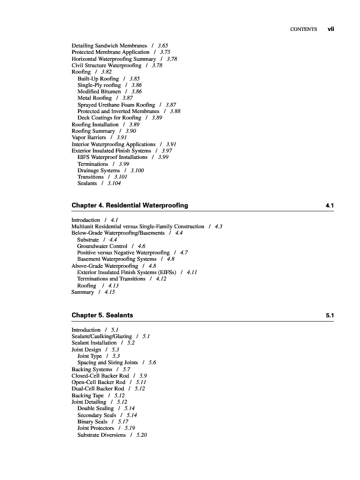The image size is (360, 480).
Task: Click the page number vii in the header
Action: (x=330, y=29)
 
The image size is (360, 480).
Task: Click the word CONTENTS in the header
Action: (x=303, y=29)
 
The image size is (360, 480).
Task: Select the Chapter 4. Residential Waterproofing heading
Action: (x=130, y=205)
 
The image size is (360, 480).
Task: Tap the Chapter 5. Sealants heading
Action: (x=102, y=315)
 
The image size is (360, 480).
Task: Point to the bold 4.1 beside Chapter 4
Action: (x=330, y=205)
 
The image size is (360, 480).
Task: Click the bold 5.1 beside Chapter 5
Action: (x=330, y=315)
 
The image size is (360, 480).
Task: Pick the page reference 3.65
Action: (x=163, y=46)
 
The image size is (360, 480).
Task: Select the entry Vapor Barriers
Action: (x=89, y=138)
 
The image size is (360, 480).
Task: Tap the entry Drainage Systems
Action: (x=99, y=170)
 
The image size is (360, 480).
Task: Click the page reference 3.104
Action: (x=114, y=183)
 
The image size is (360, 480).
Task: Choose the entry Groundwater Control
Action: (x=102, y=246)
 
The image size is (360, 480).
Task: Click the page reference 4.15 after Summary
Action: (x=109, y=292)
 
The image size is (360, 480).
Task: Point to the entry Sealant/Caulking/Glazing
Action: (x=101, y=337)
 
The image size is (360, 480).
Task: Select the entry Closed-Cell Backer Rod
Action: (x=100, y=375)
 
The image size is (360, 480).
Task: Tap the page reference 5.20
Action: (x=141, y=435)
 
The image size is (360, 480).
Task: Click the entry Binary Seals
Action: (x=92, y=422)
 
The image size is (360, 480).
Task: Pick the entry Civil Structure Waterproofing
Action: (x=107, y=66)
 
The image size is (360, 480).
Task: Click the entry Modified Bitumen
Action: (x=99, y=92)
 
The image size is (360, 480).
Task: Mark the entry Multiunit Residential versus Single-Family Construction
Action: (x=138, y=227)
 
